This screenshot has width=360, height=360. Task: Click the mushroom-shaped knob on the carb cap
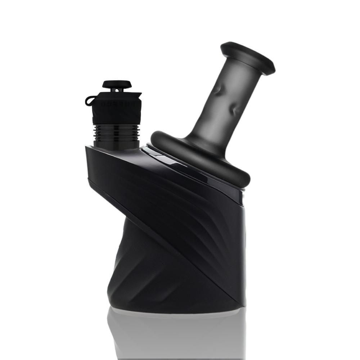pos(117,84)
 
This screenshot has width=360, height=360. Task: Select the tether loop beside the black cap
pos(89,100)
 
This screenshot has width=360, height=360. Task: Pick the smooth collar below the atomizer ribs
pos(116,143)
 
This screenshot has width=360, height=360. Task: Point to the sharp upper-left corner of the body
pos(86,147)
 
